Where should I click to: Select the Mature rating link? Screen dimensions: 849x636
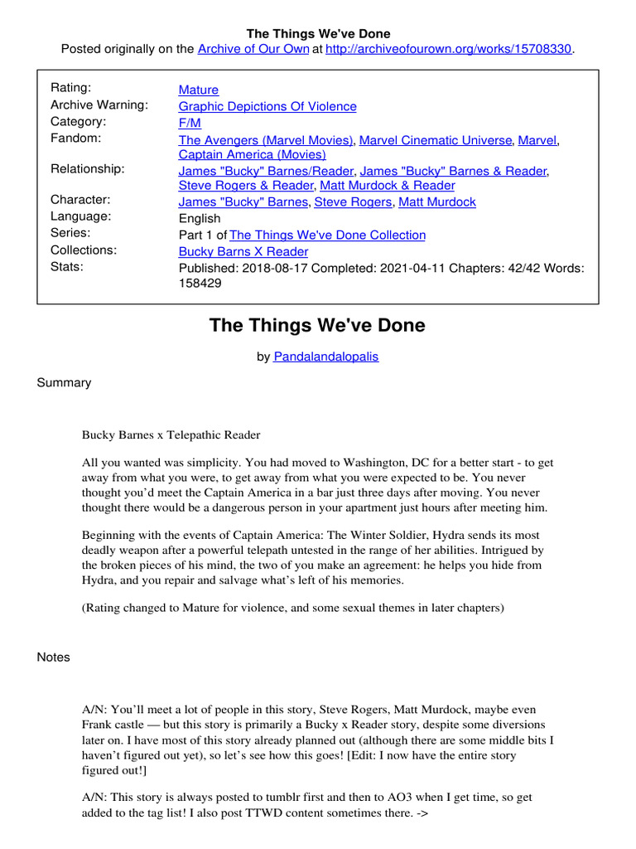[199, 90]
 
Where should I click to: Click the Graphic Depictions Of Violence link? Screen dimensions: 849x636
[267, 106]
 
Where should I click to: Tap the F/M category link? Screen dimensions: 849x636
[190, 123]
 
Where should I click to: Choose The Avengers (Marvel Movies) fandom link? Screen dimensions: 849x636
[266, 140]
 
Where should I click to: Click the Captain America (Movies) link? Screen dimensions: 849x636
[252, 154]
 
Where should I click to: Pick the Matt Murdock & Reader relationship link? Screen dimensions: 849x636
[387, 186]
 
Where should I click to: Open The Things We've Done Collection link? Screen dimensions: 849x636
[327, 235]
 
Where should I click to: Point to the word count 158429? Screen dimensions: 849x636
[200, 283]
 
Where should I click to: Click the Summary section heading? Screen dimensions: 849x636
[64, 383]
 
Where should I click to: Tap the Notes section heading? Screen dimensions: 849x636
[54, 657]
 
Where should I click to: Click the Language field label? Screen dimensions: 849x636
[81, 216]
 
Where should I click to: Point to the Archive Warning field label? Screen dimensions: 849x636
[99, 104]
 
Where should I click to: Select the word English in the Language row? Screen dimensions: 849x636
[200, 219]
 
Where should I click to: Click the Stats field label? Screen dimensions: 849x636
[67, 266]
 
